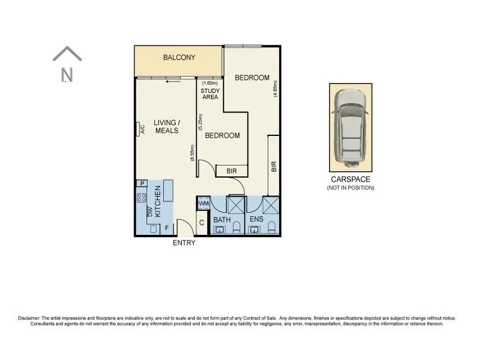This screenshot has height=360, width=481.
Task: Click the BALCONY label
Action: pos(179,58)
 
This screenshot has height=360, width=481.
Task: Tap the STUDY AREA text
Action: pos(210,94)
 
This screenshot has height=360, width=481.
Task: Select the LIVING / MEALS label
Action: pos(166,127)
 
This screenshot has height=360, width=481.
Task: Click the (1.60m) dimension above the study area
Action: pos(210,83)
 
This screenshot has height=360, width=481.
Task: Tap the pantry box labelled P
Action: pos(142,184)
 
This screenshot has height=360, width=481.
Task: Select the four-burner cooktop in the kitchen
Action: pos(142,197)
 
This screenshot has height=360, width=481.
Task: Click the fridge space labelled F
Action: pos(166,228)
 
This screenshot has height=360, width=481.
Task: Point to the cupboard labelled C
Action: pos(202,224)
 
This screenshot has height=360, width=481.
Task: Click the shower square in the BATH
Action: pos(235,206)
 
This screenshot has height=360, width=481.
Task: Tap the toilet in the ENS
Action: pos(271,227)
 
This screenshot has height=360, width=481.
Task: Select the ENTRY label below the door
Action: pos(184,243)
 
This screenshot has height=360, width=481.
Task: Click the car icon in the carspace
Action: pos(350,126)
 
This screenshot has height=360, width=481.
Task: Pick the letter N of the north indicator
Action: pos(67,75)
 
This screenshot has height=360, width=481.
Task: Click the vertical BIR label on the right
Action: pos(274,166)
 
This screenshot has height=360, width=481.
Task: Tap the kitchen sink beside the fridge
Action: pos(153,229)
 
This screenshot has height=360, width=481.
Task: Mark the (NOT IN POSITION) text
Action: pos(350,188)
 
